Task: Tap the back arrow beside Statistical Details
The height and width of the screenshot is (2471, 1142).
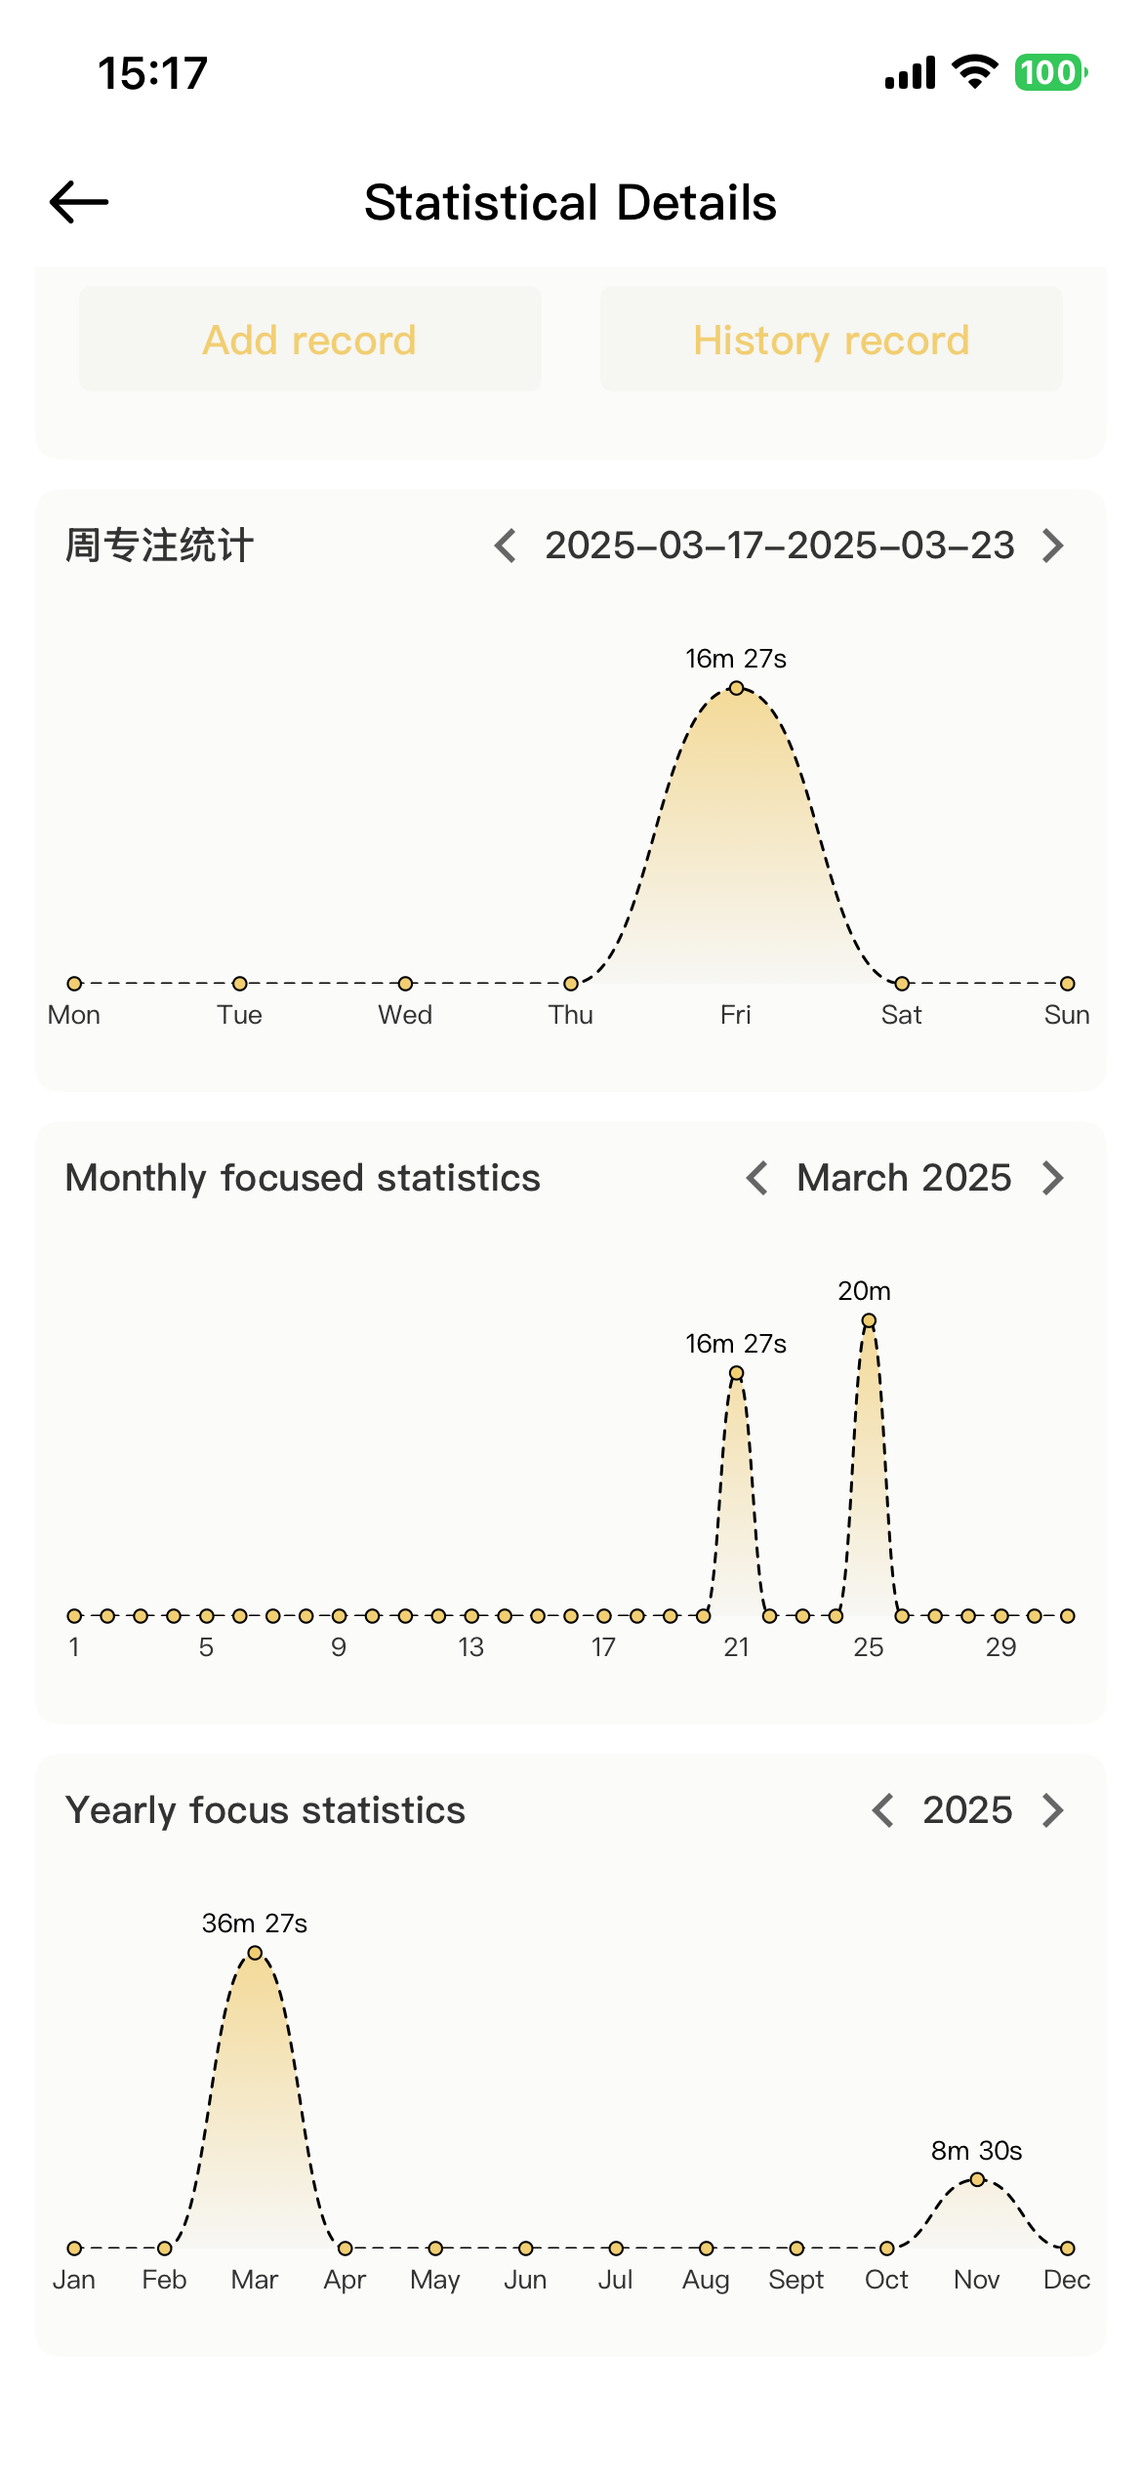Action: tap(79, 202)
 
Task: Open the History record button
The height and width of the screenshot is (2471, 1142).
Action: tap(831, 340)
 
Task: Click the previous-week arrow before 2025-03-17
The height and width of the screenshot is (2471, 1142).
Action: tap(506, 546)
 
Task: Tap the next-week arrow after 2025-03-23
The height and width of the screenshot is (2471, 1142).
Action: tap(1052, 546)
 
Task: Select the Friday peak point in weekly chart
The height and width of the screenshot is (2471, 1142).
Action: tap(736, 688)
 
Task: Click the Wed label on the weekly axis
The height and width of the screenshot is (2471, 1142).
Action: tap(405, 1015)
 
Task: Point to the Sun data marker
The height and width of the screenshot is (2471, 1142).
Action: tap(1067, 983)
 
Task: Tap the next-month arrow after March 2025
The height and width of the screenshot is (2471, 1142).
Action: tap(1052, 1178)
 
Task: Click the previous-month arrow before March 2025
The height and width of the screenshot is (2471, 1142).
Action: tap(757, 1178)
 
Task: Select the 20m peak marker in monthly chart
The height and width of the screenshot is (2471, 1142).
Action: tap(869, 1320)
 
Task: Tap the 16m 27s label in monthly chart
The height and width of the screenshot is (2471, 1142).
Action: tap(736, 1344)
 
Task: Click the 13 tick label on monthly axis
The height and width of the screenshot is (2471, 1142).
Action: tap(470, 1647)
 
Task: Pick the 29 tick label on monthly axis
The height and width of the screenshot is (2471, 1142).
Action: tap(1000, 1647)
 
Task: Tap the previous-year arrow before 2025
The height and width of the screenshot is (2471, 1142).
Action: tap(883, 1810)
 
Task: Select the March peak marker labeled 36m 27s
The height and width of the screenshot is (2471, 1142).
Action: tap(255, 1953)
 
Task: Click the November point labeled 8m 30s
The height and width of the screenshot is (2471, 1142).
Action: tap(977, 2179)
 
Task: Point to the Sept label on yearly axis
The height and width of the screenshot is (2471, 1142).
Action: tap(795, 2280)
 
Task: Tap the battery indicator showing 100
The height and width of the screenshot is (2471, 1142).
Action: tap(1050, 73)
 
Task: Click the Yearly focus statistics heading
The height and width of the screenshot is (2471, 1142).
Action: tap(265, 1810)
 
